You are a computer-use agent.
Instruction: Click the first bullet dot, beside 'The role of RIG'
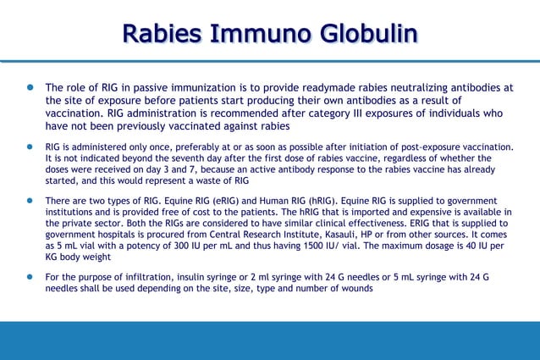click(28, 87)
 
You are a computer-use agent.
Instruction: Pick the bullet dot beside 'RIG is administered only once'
click(28, 147)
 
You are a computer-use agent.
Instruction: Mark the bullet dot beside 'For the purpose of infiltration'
click(28, 277)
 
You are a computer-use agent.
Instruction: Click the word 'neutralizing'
click(438, 87)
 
